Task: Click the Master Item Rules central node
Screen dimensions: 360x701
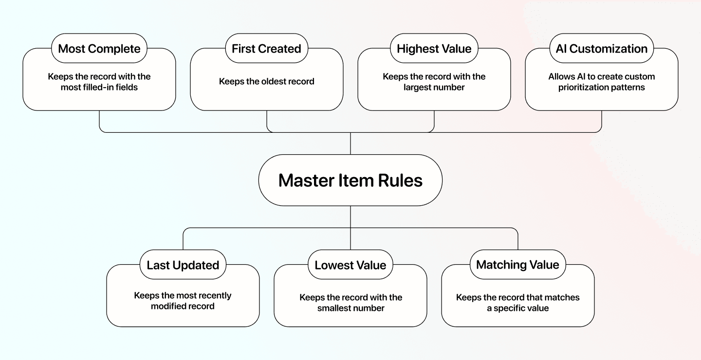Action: [350, 180]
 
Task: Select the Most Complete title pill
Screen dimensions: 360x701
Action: [99, 49]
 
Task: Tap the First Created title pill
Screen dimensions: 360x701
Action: [266, 49]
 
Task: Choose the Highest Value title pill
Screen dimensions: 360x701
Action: [434, 49]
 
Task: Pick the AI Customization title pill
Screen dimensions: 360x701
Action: [601, 49]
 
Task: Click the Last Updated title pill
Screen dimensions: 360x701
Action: [183, 265]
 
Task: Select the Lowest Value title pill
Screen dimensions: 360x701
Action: [350, 265]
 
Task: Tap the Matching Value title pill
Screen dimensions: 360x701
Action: [517, 265]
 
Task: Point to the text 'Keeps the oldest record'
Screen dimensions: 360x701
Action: [266, 81]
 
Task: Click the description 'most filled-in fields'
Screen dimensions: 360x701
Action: [99, 88]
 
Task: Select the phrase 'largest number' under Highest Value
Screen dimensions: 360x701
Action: [434, 88]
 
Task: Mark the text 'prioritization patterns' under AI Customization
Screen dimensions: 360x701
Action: [601, 88]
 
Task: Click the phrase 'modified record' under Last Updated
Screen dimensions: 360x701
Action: [183, 306]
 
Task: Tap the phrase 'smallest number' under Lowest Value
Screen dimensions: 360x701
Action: [350, 308]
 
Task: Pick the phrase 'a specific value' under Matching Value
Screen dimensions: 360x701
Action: [517, 308]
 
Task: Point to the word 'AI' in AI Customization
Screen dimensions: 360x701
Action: [561, 49]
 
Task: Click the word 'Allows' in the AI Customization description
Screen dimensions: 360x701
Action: [560, 77]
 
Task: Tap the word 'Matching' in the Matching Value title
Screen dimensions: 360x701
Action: [501, 265]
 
